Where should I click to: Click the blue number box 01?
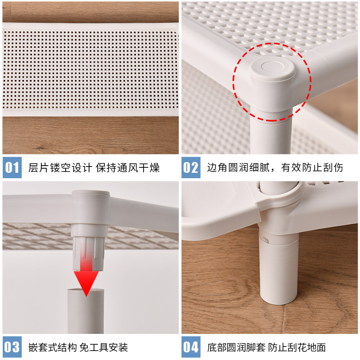point(12,167)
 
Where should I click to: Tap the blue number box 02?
point(191,167)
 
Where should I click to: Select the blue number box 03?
point(12,346)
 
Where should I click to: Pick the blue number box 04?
point(191,346)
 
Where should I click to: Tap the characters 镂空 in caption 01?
point(60,167)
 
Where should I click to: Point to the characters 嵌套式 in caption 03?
point(44,347)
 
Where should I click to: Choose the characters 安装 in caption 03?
point(118,347)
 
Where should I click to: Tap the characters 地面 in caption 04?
point(316,347)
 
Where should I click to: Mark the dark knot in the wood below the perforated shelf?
point(40,148)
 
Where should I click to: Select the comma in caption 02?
point(273,170)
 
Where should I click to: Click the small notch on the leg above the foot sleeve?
point(265,240)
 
